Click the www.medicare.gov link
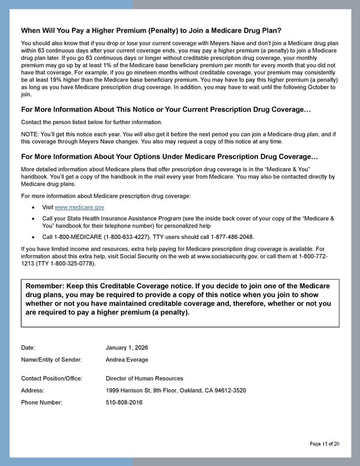click(x=79, y=207)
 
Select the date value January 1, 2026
click(x=127, y=348)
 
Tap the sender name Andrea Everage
click(x=127, y=360)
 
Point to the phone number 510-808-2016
click(x=124, y=402)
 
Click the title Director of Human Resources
click(x=145, y=378)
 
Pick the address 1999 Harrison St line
click(x=176, y=390)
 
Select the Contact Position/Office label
click(x=52, y=378)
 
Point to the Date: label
click(x=28, y=348)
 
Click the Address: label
click(x=33, y=390)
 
